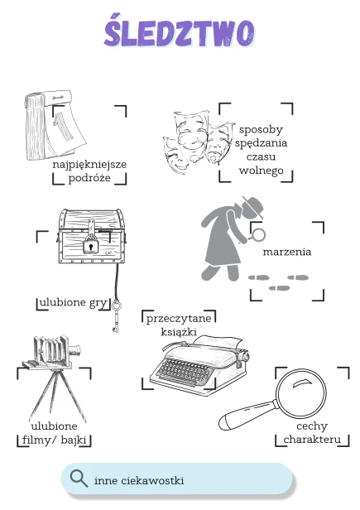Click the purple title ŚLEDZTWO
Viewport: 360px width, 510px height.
(x=180, y=30)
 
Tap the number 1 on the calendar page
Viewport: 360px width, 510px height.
(x=64, y=127)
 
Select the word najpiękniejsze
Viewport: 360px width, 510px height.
(x=89, y=164)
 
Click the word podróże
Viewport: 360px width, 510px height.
(x=89, y=178)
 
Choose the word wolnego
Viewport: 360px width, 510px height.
(x=262, y=171)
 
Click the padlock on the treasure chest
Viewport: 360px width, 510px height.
(x=91, y=246)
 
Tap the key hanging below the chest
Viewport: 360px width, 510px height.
(x=116, y=315)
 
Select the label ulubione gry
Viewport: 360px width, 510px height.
(x=73, y=302)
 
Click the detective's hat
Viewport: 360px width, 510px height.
(x=252, y=207)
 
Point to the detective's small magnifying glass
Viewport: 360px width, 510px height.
(x=257, y=235)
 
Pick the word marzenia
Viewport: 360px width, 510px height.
(x=287, y=252)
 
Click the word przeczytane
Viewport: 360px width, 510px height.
(x=179, y=318)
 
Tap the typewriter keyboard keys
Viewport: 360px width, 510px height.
(x=183, y=371)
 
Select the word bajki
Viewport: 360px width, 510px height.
(x=74, y=440)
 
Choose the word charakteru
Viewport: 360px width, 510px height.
(x=312, y=440)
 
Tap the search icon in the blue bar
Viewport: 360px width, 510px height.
(x=79, y=479)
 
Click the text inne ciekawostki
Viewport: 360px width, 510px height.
(x=139, y=480)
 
